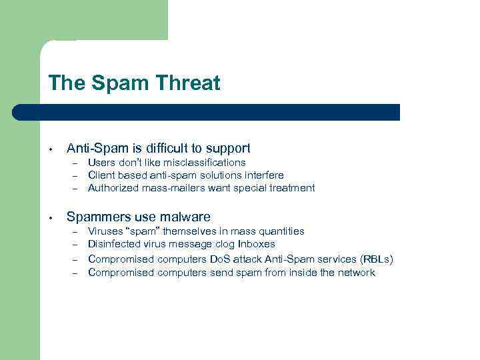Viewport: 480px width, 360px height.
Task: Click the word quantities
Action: tap(282, 231)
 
